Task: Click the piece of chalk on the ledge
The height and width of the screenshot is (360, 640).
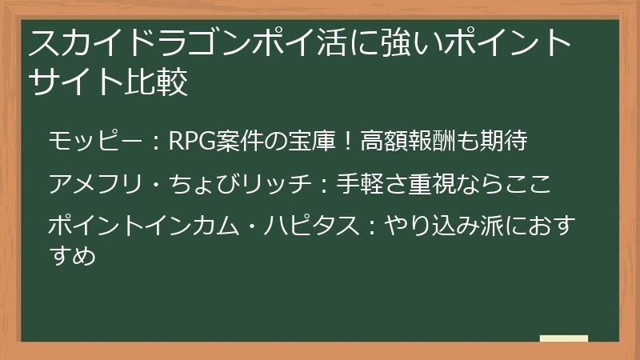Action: (x=563, y=338)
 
